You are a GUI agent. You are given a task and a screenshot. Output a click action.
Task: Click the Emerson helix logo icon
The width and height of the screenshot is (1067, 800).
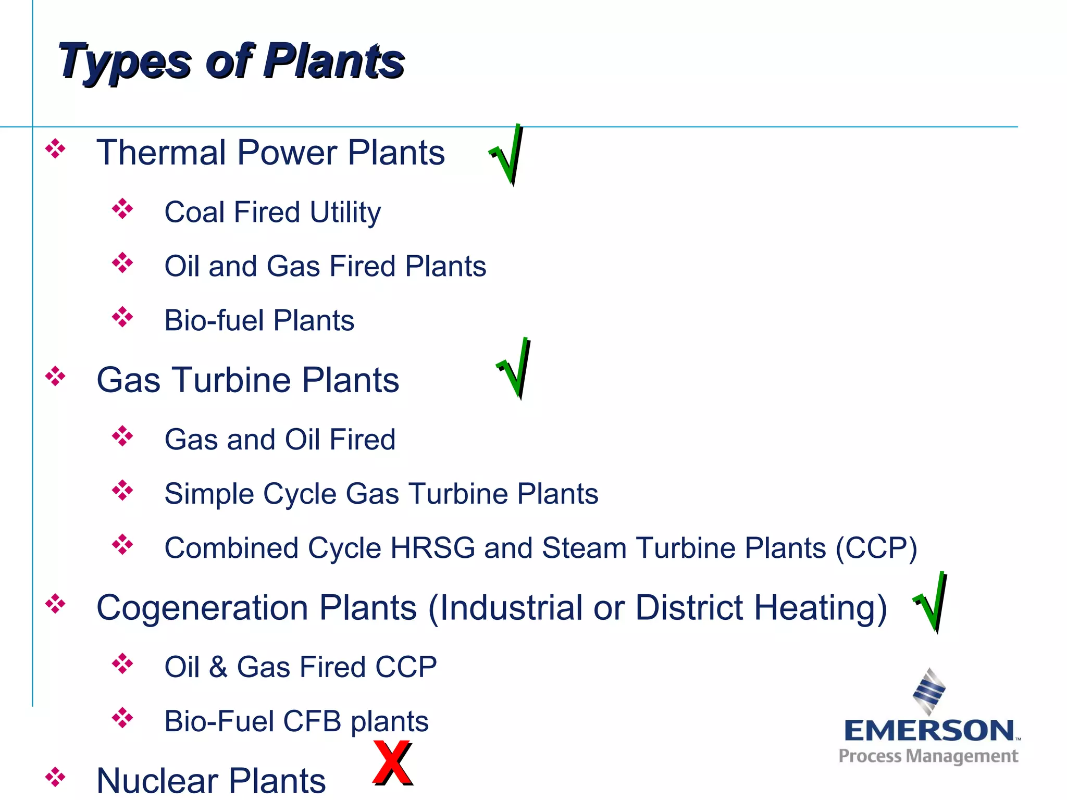click(929, 692)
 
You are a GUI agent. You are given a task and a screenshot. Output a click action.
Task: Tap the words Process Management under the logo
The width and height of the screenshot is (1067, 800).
click(928, 756)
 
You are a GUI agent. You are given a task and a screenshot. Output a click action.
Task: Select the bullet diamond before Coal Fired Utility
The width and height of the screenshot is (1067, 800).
click(122, 209)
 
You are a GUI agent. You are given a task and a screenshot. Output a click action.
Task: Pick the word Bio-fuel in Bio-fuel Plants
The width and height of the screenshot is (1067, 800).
click(214, 320)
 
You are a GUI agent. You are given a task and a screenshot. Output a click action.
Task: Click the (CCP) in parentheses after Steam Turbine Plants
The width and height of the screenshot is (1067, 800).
click(876, 548)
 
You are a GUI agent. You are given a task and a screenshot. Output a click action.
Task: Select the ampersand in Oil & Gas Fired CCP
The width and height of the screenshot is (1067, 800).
click(218, 667)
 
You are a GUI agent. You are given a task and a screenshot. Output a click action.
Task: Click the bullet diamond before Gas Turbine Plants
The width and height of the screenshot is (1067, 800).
click(55, 376)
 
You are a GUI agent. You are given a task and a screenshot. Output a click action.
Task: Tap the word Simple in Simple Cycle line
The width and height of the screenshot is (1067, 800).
click(209, 494)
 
